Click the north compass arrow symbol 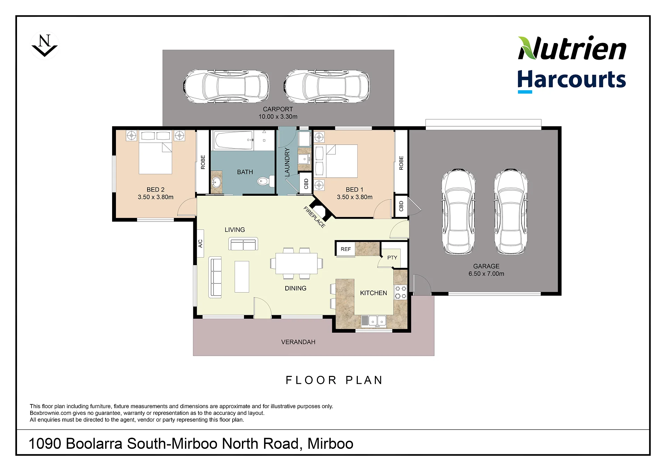click(45, 45)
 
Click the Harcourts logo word click(572, 79)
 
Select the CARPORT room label click(278, 109)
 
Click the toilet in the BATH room click(266, 181)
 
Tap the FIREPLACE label click(314, 217)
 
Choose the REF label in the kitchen click(346, 249)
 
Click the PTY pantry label click(392, 258)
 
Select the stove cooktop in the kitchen click(401, 292)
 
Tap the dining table click(296, 263)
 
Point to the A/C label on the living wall click(200, 243)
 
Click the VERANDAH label click(298, 342)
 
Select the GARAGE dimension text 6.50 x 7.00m click(486, 274)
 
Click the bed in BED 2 click(155, 152)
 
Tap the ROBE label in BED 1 click(401, 163)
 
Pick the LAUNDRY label click(287, 162)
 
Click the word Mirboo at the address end click(330, 444)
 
